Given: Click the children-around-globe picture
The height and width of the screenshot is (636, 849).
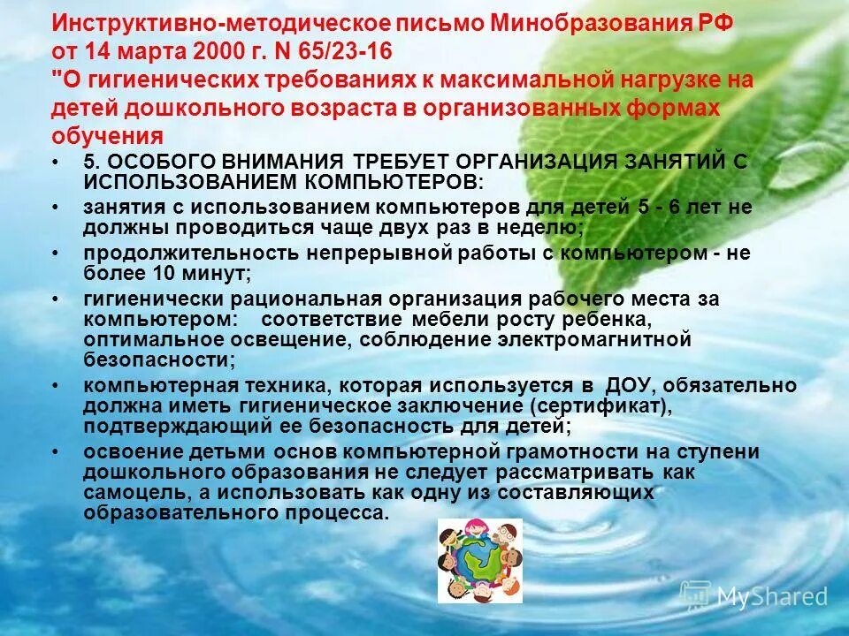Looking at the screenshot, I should (x=480, y=561).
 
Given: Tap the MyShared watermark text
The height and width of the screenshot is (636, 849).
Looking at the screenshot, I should (x=771, y=596).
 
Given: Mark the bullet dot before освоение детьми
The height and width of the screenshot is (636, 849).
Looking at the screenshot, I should (x=57, y=452).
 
